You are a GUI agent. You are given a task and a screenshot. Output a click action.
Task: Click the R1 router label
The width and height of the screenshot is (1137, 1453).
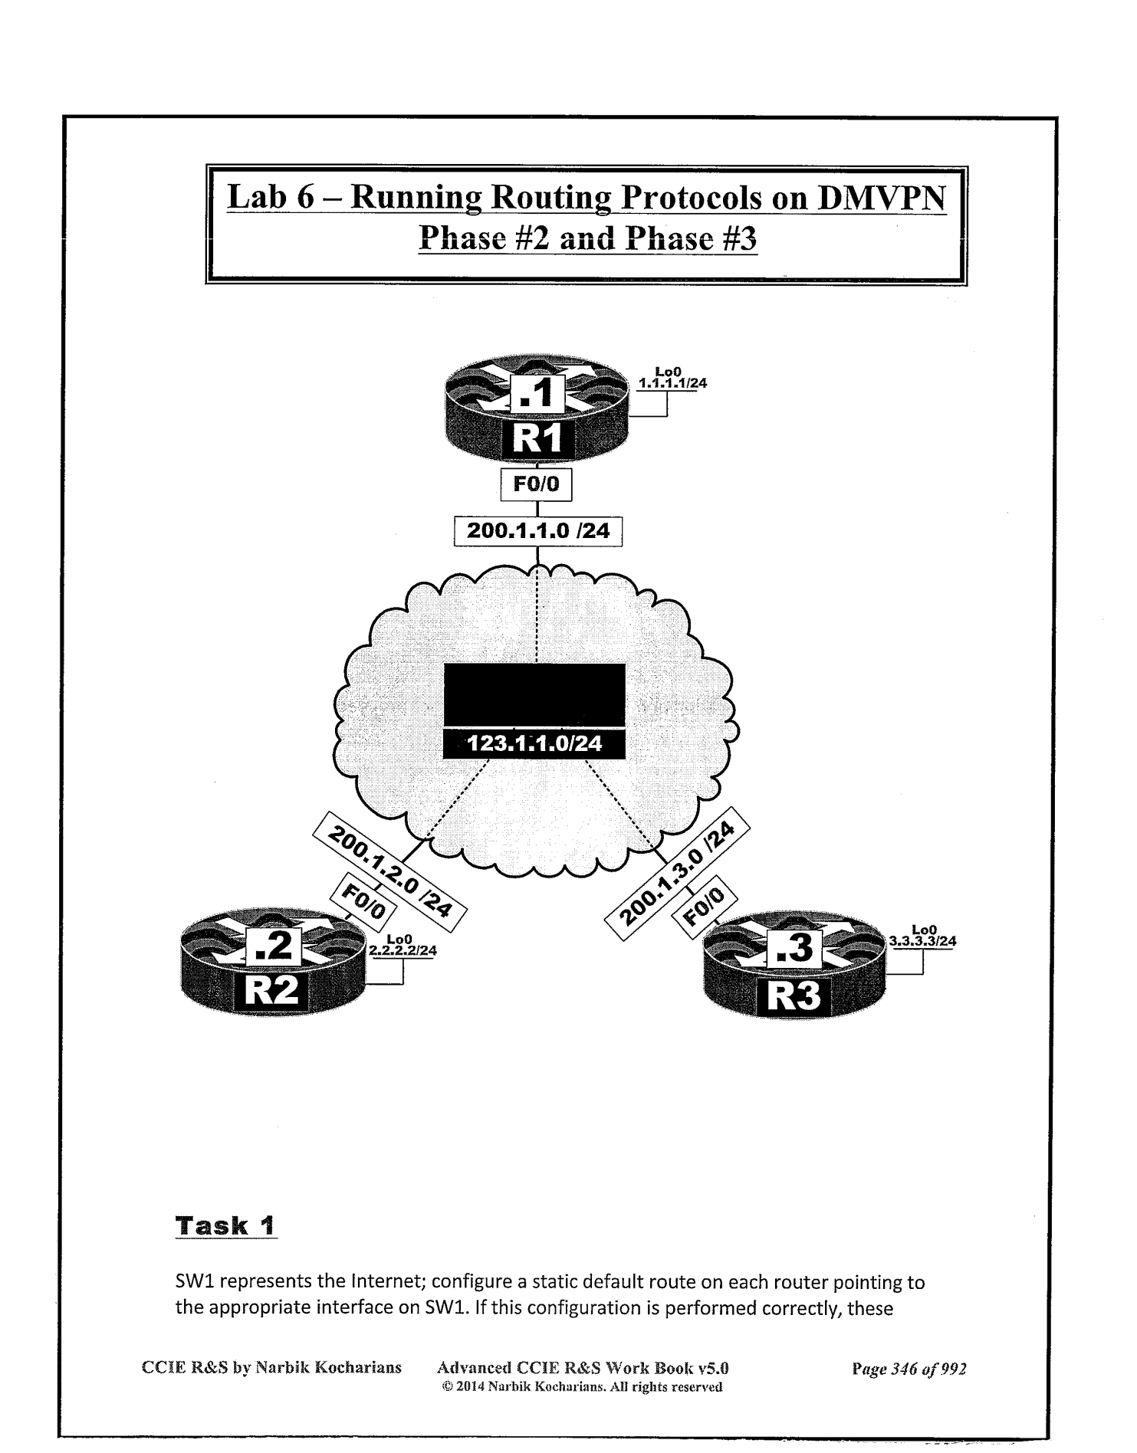pos(537,440)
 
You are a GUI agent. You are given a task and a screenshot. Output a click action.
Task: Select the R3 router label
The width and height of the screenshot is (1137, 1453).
pos(794,996)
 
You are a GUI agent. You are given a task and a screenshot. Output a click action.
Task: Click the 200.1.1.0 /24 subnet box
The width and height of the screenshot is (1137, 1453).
pos(537,530)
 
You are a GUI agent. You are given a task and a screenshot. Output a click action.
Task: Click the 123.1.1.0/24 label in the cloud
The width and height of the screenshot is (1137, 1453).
pos(535,743)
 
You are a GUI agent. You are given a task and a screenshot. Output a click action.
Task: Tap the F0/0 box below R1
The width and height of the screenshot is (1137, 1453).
pos(536,484)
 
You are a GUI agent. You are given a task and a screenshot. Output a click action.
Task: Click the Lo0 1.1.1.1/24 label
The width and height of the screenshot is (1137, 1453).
pos(672,379)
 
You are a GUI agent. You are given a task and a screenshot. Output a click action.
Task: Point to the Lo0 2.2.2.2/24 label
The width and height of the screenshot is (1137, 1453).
pos(403,946)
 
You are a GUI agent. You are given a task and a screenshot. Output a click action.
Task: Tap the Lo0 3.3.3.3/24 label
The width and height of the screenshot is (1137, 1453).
pos(922,936)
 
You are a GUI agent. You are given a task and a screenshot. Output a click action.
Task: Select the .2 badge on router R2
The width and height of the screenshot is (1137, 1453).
pos(274,947)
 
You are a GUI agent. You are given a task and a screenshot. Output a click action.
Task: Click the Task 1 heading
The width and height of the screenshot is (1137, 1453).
pos(225,1225)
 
